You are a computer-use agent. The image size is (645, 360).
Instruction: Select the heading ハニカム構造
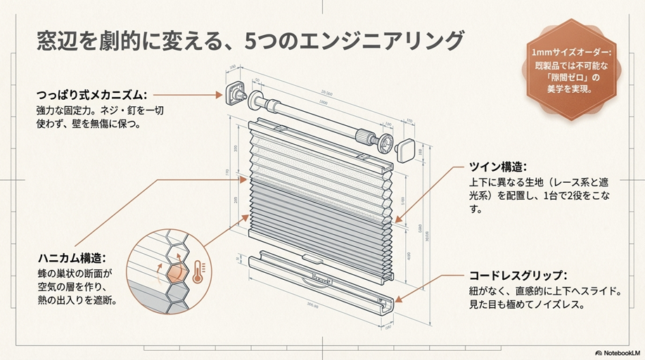[x=70, y=257]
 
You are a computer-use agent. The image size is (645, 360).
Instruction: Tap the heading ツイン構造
[x=497, y=167]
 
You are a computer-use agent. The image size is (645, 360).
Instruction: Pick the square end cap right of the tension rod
[x=406, y=150]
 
